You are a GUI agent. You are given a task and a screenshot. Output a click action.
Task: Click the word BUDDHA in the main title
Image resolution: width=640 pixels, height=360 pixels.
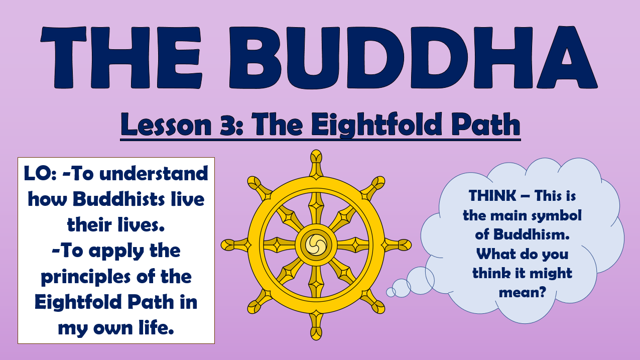[413, 57]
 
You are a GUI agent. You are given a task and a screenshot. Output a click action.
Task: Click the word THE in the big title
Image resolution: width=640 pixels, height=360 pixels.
[121, 57]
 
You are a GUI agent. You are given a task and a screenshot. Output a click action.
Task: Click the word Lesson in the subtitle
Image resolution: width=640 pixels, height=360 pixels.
[166, 125]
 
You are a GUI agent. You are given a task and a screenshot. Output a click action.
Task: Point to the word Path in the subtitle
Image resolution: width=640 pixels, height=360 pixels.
[486, 125]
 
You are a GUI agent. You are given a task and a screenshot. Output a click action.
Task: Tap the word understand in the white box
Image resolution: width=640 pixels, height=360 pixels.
[154, 173]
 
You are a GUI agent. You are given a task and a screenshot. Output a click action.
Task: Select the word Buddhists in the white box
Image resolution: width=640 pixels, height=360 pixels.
[118, 199]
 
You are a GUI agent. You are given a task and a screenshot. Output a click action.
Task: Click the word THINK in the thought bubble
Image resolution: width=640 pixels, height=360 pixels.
[492, 196]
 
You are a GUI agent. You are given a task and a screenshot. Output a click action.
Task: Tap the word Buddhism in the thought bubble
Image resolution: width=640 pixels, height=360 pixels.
[531, 234]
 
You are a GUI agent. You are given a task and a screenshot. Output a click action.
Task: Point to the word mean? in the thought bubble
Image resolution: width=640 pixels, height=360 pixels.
[522, 293]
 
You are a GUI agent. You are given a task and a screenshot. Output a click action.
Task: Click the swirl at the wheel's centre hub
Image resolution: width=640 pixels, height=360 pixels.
[316, 245]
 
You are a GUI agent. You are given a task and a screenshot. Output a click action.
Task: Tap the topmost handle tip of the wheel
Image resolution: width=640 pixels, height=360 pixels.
[316, 157]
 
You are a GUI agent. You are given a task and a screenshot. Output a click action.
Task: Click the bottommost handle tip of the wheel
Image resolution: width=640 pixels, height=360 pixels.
[316, 333]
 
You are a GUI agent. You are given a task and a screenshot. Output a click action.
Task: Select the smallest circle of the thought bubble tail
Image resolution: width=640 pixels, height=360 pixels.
[391, 292]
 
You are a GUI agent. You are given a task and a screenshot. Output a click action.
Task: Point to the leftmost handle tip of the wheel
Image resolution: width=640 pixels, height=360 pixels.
[228, 245]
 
